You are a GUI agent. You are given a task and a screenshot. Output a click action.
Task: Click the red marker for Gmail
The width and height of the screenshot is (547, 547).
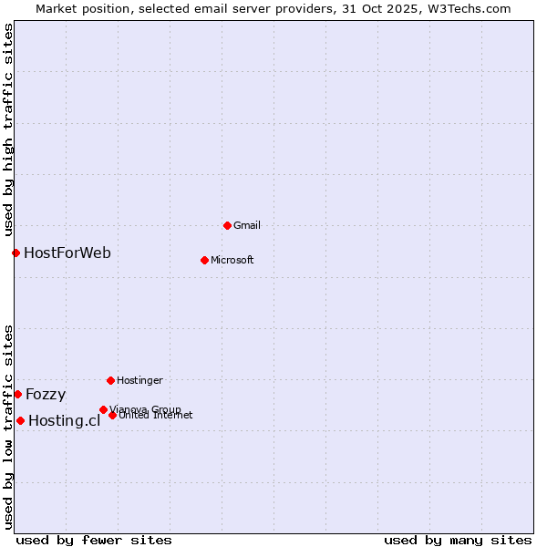point(227,225)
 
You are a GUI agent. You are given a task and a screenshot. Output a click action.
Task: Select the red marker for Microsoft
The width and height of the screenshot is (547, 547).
point(204,260)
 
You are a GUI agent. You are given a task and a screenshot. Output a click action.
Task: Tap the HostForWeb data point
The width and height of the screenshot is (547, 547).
point(15,253)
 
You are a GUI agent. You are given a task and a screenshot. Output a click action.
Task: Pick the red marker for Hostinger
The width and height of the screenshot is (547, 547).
point(110,380)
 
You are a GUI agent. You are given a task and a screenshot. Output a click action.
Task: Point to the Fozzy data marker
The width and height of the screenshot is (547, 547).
point(17,394)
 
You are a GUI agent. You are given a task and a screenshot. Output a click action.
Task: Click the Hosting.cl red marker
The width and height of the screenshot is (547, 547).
point(20,420)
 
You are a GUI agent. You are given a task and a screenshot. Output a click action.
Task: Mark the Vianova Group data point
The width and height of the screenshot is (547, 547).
point(103,409)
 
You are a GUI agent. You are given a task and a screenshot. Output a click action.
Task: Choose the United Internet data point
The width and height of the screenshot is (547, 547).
point(112,415)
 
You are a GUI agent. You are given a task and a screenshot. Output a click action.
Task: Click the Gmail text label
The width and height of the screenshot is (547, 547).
point(247,225)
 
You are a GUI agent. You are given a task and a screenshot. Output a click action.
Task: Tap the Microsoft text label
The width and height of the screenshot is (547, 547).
point(232,260)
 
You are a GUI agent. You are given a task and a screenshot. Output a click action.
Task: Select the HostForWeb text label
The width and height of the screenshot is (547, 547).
point(67,253)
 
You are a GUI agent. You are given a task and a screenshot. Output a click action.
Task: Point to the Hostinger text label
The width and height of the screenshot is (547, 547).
point(139,380)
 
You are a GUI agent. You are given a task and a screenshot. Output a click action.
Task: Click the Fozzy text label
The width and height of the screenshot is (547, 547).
point(46,394)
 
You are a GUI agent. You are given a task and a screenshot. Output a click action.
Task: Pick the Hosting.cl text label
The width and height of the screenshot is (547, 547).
point(64,420)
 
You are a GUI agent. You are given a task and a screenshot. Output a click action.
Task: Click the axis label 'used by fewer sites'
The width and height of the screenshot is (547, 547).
point(94,540)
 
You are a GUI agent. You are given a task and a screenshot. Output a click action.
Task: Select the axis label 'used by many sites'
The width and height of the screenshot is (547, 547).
point(458,540)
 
